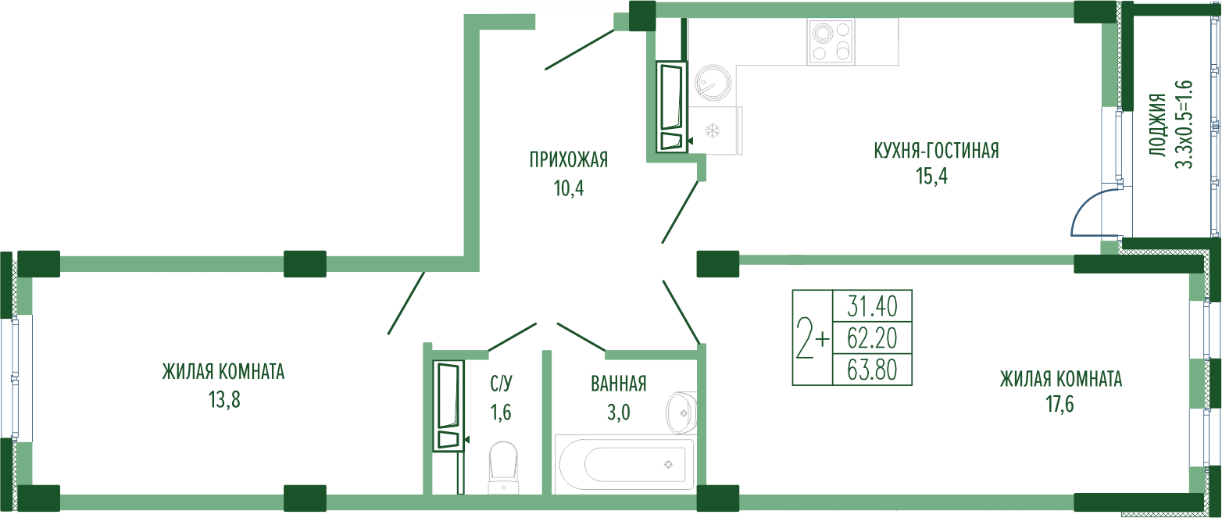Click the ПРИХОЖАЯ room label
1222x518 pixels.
(x=569, y=159)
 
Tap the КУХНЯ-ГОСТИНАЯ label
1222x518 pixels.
(x=936, y=150)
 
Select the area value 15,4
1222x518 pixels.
(x=932, y=176)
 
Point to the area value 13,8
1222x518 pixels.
(x=224, y=400)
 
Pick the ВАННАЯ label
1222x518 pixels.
(x=619, y=384)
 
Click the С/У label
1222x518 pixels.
(x=502, y=384)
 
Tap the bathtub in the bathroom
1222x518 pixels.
(x=624, y=464)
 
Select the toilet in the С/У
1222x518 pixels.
(x=503, y=468)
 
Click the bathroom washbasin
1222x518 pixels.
(x=681, y=413)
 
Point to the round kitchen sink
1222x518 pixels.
(x=713, y=83)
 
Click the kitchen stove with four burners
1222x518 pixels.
(x=831, y=42)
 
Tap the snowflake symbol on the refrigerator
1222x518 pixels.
(x=713, y=130)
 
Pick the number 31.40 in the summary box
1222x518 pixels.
(x=872, y=306)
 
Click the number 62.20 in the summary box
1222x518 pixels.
(x=872, y=338)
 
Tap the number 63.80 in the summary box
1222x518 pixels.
(x=872, y=370)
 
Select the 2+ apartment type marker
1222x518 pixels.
(x=813, y=338)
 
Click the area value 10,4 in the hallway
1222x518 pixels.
(x=569, y=188)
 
